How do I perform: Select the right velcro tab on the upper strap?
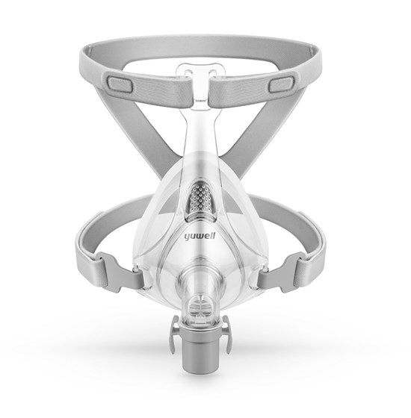click(280, 84)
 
